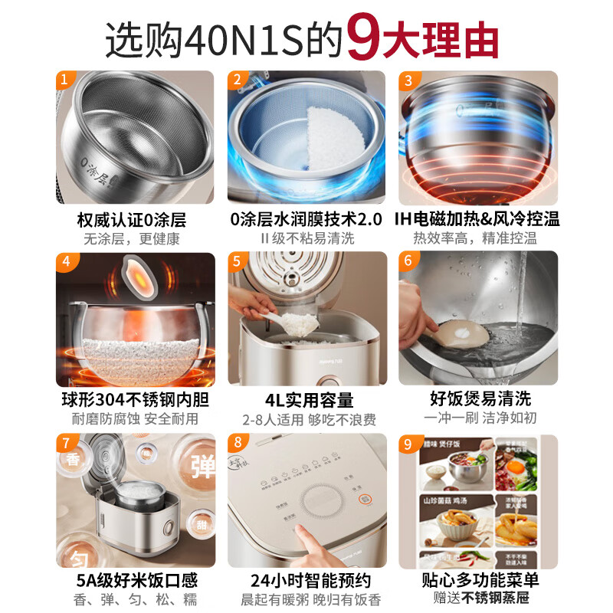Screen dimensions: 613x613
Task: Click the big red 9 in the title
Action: click(364, 38)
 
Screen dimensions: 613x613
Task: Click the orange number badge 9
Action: click(408, 442)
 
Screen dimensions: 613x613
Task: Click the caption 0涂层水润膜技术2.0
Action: click(306, 220)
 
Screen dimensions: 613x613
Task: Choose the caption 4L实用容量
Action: click(306, 399)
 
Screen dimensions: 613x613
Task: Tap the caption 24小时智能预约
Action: click(306, 580)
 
